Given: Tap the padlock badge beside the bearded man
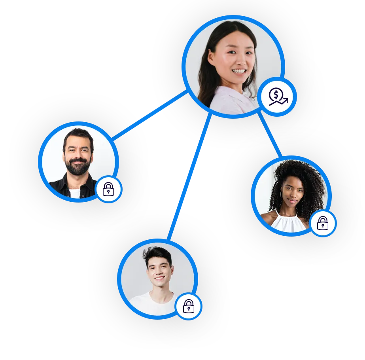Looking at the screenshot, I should (x=108, y=189).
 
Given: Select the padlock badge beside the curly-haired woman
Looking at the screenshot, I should (x=323, y=223).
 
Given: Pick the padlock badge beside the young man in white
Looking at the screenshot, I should (x=189, y=306).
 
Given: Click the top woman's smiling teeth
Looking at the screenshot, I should (x=239, y=71).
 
